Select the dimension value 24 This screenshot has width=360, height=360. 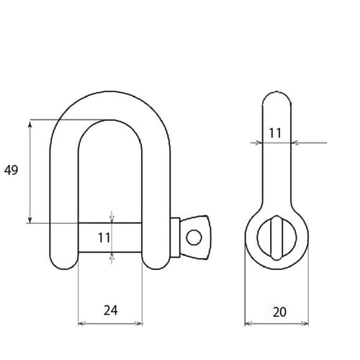110,310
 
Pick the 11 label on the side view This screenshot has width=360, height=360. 275,132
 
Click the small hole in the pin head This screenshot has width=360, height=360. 192,237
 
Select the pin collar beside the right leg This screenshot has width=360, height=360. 175,236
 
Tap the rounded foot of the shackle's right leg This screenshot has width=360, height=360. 156,261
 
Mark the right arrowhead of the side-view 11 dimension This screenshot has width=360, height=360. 295,143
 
